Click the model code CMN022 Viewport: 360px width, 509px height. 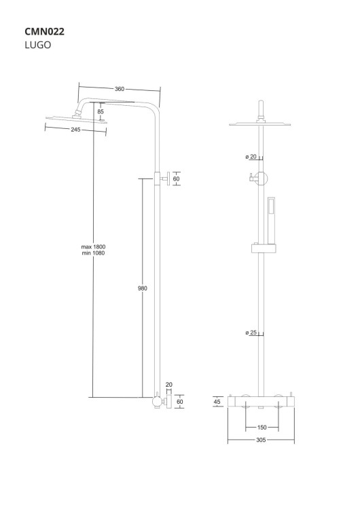tap(45, 31)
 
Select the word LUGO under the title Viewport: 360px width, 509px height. tap(38, 45)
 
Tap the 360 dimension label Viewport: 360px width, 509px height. tap(120, 89)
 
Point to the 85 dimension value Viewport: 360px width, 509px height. tap(101, 111)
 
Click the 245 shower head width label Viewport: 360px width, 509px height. tap(75, 130)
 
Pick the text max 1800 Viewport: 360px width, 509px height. tap(93, 247)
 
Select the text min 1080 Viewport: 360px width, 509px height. tap(93, 253)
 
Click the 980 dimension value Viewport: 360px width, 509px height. tap(143, 288)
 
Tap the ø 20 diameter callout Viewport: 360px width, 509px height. tap(251, 157)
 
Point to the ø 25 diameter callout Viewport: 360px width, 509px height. tap(251, 333)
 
